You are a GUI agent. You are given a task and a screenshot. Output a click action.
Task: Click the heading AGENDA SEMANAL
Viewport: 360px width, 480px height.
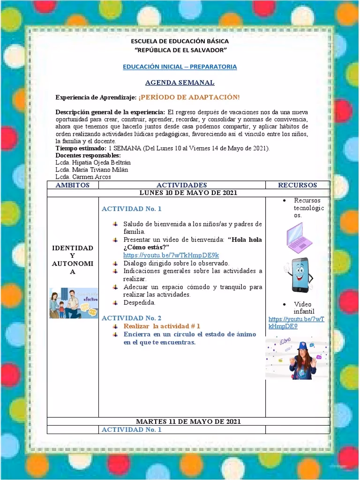180,82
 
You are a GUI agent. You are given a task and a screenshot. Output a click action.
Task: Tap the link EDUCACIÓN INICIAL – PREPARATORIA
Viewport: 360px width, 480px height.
180,67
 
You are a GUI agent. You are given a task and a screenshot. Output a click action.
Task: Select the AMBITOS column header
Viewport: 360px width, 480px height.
72,185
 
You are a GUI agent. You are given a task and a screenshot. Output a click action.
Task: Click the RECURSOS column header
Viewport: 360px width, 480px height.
297,185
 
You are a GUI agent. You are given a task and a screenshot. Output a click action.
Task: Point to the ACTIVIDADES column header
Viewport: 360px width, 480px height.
181,185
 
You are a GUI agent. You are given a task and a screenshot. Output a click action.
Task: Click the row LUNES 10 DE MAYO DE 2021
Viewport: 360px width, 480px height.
188,193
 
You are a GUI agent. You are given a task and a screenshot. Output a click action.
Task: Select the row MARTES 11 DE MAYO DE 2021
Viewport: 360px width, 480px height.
188,421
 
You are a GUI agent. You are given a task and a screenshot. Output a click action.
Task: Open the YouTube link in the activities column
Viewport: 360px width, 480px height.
171,255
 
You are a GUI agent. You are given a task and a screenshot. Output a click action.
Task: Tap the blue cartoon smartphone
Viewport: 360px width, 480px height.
298,274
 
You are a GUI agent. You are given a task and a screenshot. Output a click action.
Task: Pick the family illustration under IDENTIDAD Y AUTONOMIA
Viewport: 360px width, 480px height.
74,303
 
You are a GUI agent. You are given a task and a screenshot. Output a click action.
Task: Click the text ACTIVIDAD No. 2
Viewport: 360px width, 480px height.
131,317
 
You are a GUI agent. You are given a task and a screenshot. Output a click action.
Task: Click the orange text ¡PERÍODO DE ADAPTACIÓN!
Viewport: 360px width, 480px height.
189,97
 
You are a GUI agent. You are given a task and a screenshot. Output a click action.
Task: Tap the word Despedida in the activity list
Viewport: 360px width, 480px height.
139,302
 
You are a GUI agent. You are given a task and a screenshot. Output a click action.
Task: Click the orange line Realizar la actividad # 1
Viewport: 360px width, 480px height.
162,326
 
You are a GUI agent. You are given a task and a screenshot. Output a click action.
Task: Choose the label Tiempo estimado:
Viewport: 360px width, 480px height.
81,148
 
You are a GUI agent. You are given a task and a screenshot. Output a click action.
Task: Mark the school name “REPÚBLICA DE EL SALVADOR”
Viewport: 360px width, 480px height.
180,50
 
